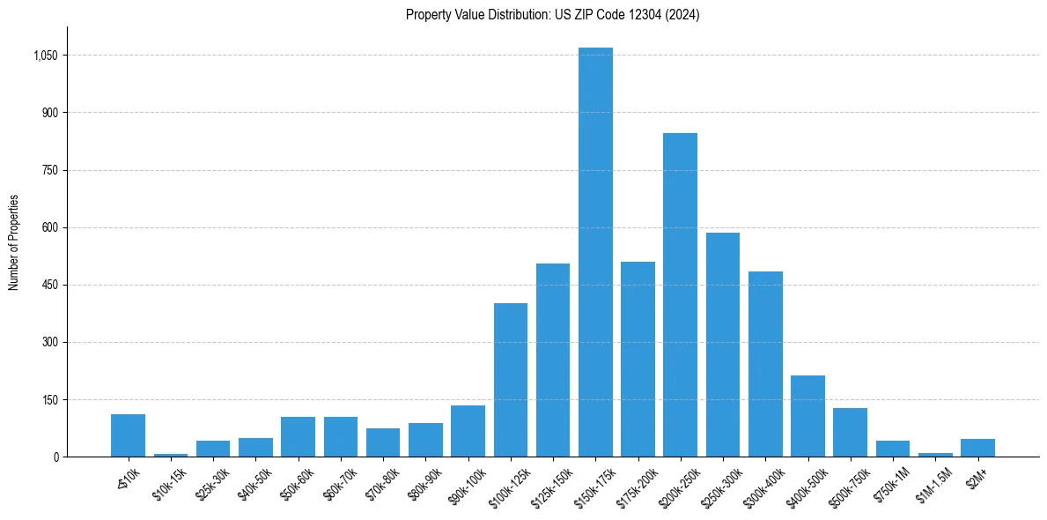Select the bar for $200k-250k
(x=680, y=294)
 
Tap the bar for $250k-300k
(x=723, y=345)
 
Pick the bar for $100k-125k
(x=511, y=380)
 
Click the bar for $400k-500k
(x=807, y=416)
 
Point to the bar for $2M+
(x=977, y=448)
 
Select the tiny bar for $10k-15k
(x=171, y=455)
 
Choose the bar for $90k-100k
(x=468, y=431)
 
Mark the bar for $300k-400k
(x=765, y=364)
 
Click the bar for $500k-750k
(x=850, y=433)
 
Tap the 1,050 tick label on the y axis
(x=45, y=56)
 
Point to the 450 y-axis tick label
(x=49, y=286)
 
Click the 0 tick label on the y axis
(x=55, y=457)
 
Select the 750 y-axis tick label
(x=49, y=171)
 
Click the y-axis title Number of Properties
(x=14, y=242)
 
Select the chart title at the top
(x=552, y=15)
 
